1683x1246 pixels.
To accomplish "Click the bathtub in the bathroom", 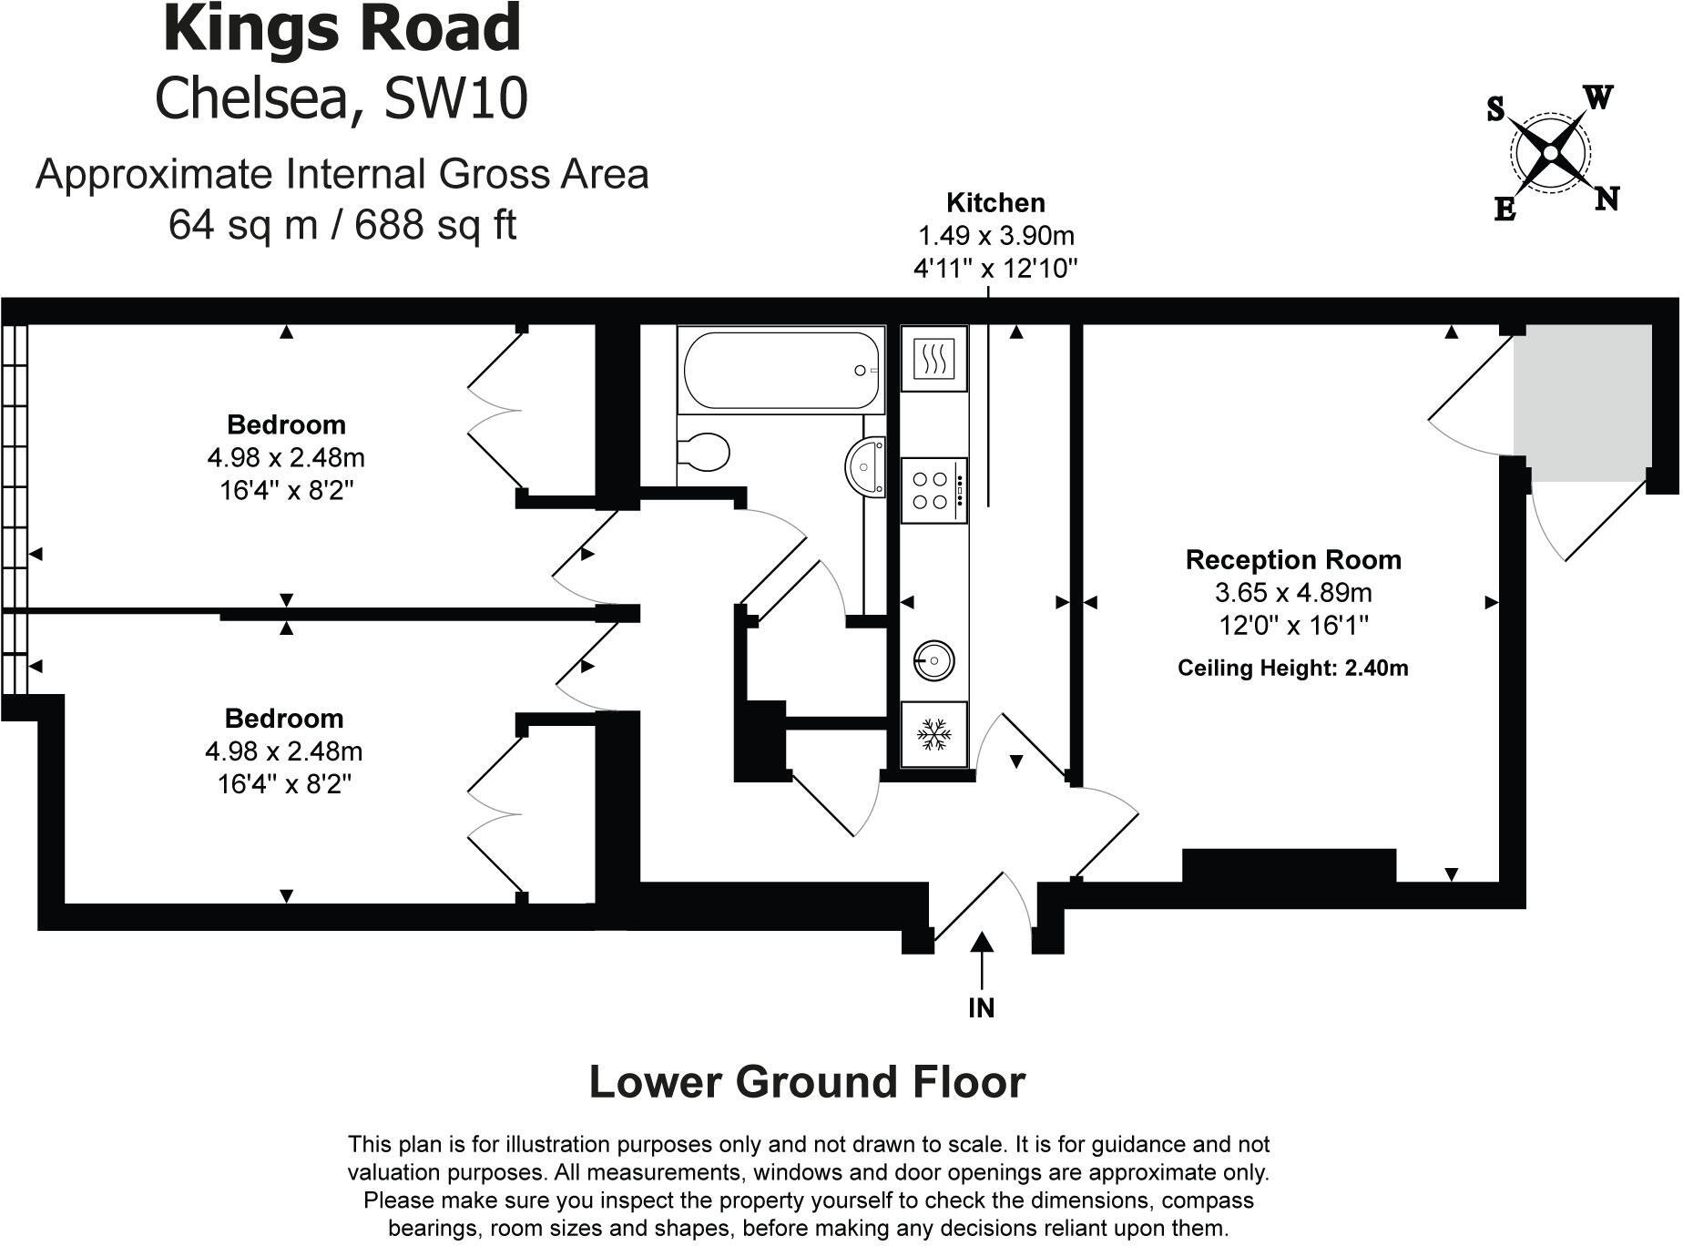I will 780,371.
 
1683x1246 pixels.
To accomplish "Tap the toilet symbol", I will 705,452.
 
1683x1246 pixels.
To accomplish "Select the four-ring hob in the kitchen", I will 933,490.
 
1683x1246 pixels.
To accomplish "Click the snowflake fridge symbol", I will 933,734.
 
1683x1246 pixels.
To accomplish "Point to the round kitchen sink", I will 933,659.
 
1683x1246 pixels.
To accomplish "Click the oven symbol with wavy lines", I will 933,358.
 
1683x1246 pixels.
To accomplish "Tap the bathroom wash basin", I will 867,467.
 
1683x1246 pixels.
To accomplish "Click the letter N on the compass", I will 1606,198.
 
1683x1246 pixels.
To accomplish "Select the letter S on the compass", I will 1494,110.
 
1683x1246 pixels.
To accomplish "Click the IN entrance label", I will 981,1007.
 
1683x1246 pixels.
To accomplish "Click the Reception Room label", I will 1292,559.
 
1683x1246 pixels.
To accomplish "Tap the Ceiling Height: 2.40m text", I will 1292,668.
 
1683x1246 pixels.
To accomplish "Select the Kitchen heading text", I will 995,202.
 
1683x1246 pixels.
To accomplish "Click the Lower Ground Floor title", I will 807,1082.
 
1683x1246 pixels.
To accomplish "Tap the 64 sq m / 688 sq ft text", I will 342,223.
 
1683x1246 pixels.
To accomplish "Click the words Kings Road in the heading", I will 342,29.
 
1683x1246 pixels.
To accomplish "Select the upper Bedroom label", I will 286,424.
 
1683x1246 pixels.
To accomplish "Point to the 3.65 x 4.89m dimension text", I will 1292,592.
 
